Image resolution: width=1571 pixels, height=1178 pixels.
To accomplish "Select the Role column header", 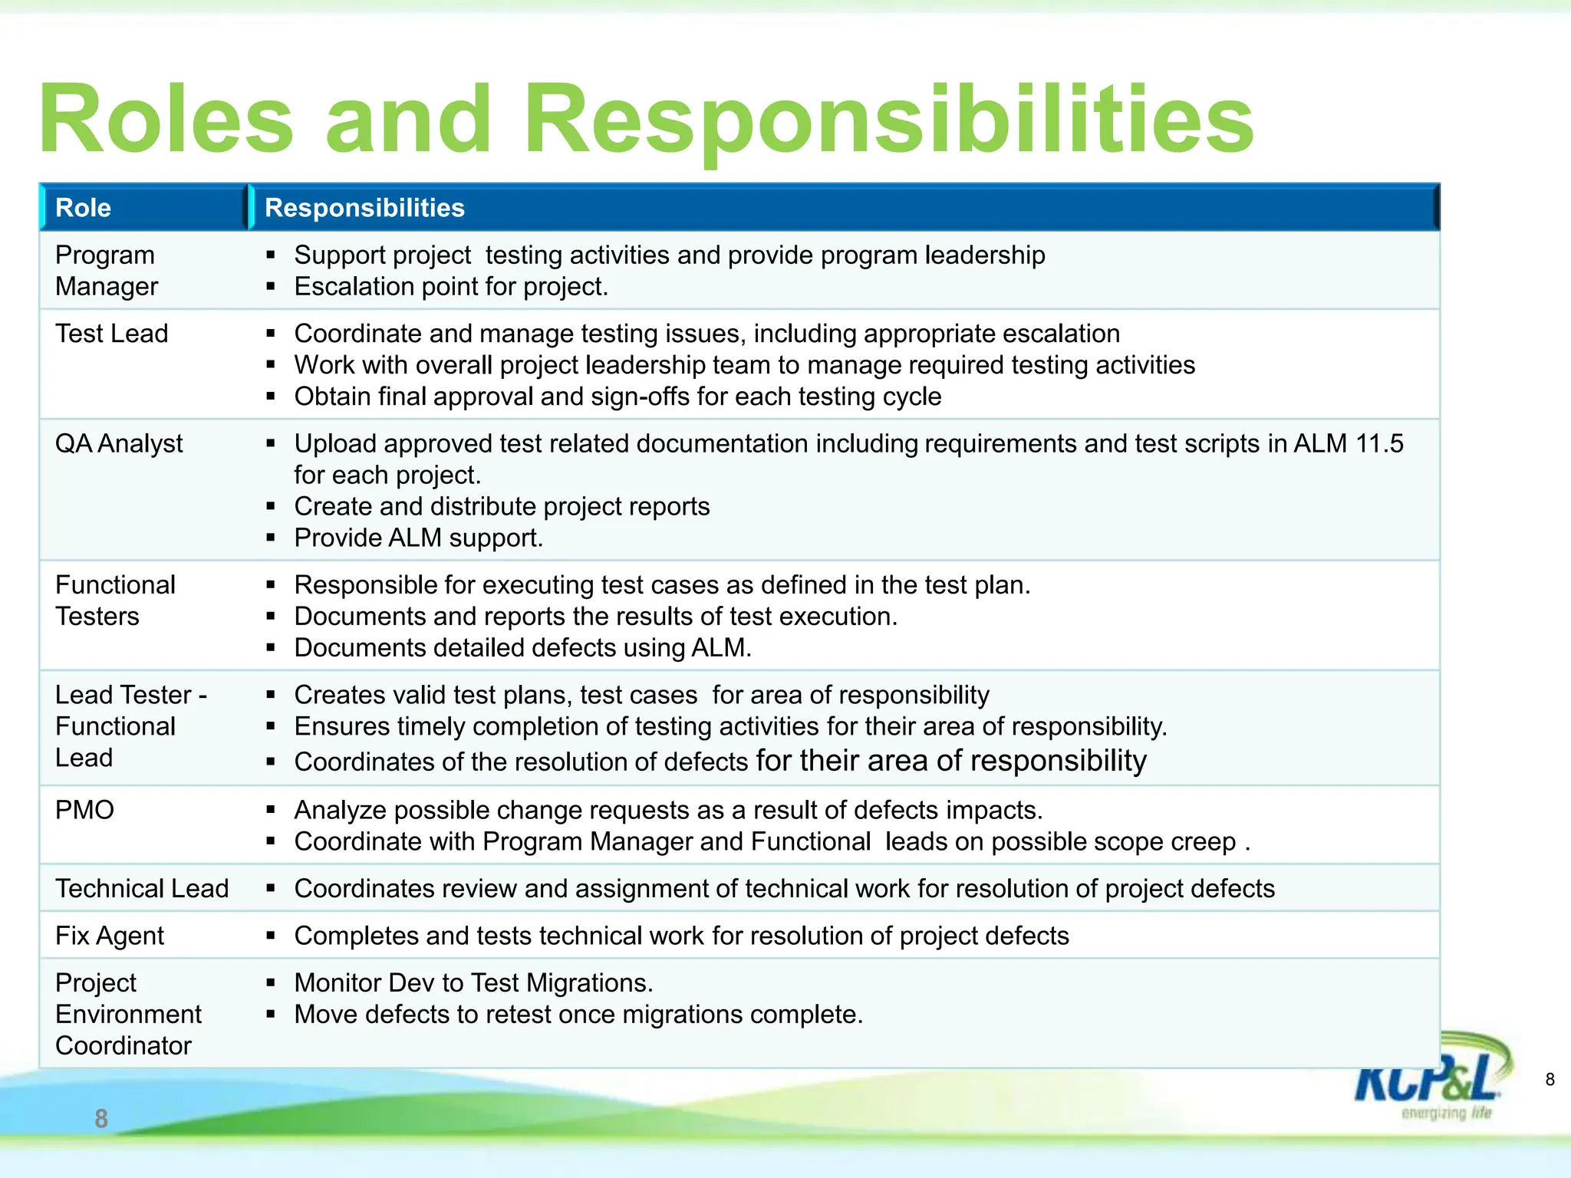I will click(83, 208).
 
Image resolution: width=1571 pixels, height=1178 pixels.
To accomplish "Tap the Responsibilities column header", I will click(364, 208).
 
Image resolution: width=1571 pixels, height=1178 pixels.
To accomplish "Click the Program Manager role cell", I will click(106, 271).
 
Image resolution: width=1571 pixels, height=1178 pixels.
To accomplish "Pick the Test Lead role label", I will click(111, 334).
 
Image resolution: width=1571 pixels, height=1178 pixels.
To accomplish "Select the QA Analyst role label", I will click(119, 443).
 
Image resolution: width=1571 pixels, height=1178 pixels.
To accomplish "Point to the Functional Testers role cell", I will click(115, 601).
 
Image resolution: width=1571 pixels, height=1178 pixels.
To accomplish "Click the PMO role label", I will click(84, 810).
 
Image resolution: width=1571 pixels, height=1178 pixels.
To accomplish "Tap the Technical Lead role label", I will click(142, 888).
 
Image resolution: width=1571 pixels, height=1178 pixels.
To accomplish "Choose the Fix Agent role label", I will click(110, 936).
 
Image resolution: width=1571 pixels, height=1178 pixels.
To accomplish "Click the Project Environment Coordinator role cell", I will click(128, 1014).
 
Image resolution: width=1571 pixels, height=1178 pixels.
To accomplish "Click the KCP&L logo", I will click(1431, 1081).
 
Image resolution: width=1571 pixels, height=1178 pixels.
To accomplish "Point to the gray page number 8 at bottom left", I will click(101, 1119).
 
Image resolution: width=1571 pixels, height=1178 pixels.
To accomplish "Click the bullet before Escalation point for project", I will click(271, 287).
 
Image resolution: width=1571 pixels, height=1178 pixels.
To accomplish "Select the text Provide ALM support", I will click(418, 538).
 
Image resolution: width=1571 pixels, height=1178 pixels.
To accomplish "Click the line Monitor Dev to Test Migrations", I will click(473, 983).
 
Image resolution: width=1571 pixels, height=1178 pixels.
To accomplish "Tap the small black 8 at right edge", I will click(1550, 1080).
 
